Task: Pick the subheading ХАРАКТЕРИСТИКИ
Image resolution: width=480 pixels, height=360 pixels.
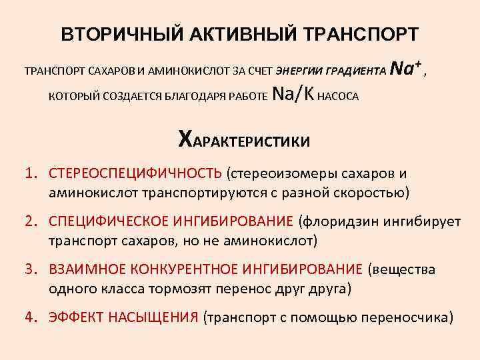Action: pyautogui.click(x=243, y=140)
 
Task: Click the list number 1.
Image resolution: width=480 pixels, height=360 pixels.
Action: pyautogui.click(x=31, y=174)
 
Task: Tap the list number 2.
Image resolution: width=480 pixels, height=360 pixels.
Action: pyautogui.click(x=31, y=221)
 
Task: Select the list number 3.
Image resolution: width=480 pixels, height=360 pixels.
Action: pyautogui.click(x=31, y=269)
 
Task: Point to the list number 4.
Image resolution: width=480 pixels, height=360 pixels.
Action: pyautogui.click(x=31, y=317)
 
